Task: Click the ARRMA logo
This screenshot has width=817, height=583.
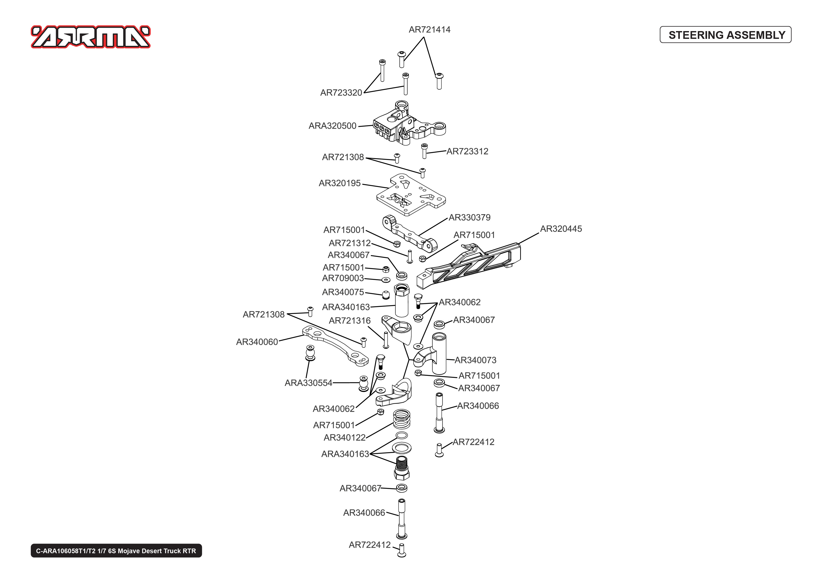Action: [90, 37]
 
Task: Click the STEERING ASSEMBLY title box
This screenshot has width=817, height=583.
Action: [725, 35]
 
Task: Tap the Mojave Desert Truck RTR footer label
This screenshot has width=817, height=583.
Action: [116, 551]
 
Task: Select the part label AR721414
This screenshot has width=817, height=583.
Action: [429, 30]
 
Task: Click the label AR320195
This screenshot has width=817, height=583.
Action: [339, 183]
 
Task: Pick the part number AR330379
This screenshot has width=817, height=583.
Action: [470, 217]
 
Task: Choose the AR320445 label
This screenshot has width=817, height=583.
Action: [561, 229]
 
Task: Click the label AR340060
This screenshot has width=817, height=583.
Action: [257, 342]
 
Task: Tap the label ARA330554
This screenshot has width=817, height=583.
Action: [308, 383]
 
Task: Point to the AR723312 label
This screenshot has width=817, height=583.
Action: [467, 151]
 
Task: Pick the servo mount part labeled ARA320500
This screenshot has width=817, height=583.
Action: [410, 123]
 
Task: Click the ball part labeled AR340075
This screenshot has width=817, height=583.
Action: [386, 295]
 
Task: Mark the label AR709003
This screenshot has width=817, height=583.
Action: [343, 278]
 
